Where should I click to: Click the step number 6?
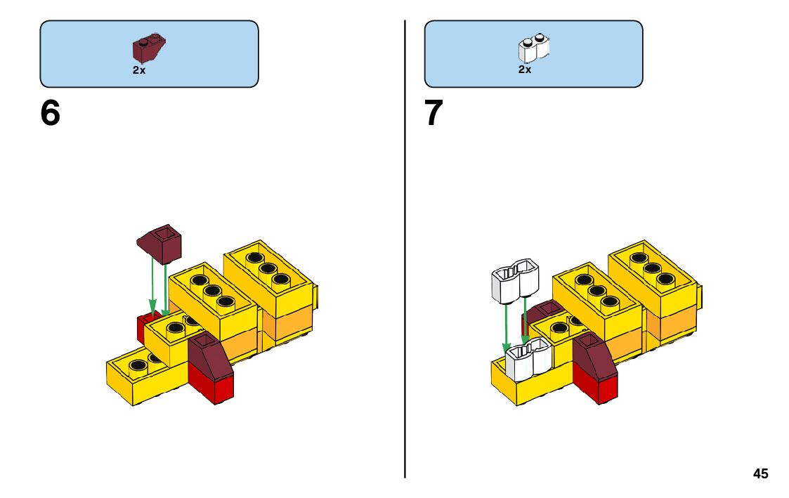pos(51,113)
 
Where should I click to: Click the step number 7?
pos(434,113)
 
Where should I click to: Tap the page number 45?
pos(760,474)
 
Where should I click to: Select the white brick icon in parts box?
pos(534,48)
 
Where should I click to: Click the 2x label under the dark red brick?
pos(139,70)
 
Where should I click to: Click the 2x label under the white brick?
pos(525,70)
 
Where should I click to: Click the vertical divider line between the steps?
pos(405,246)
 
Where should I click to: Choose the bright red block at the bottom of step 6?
pos(210,386)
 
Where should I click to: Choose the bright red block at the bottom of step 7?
pos(595,384)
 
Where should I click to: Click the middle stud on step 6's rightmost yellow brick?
pos(267,268)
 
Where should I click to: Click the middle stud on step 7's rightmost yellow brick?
pos(652,268)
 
